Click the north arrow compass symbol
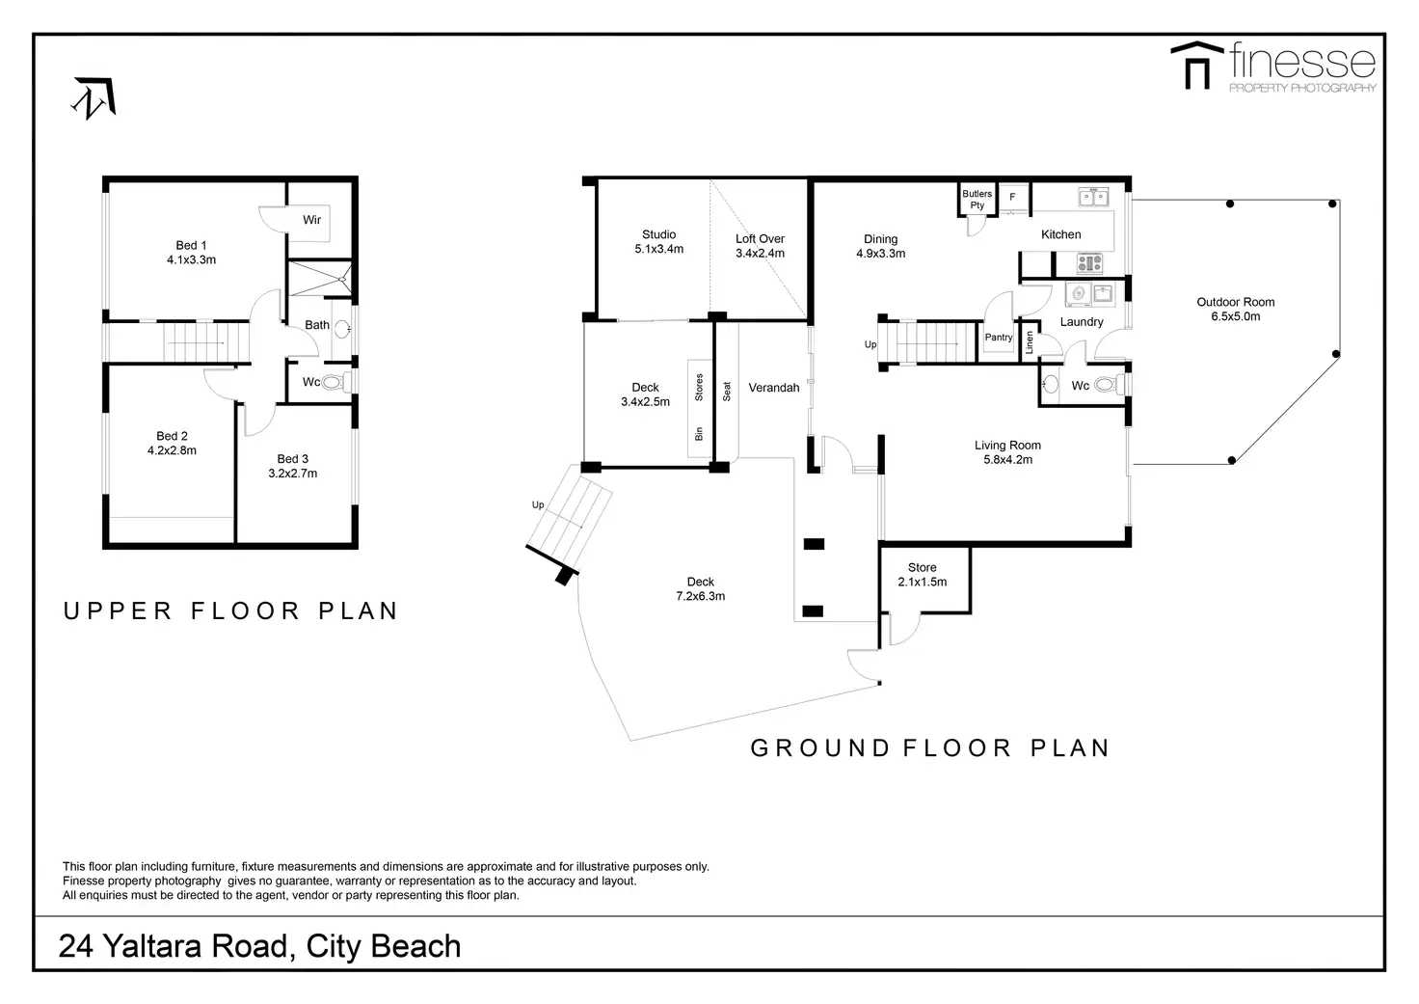tap(94, 98)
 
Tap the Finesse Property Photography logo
tap(1273, 68)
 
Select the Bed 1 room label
tap(191, 245)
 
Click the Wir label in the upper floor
tap(311, 220)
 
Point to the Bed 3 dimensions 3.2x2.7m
tap(293, 474)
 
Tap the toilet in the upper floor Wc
tap(334, 382)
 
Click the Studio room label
tap(658, 234)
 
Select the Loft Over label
tap(761, 239)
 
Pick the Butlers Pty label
tap(977, 200)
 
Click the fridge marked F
tap(1012, 197)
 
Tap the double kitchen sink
tap(1094, 197)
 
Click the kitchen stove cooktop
tap(1089, 262)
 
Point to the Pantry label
tap(999, 338)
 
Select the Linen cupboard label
tap(1030, 342)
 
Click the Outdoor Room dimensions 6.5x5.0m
tap(1235, 316)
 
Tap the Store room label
tap(922, 567)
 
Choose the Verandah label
tap(773, 388)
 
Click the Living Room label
tap(1007, 446)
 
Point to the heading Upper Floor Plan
tap(230, 611)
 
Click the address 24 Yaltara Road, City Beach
tap(259, 946)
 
